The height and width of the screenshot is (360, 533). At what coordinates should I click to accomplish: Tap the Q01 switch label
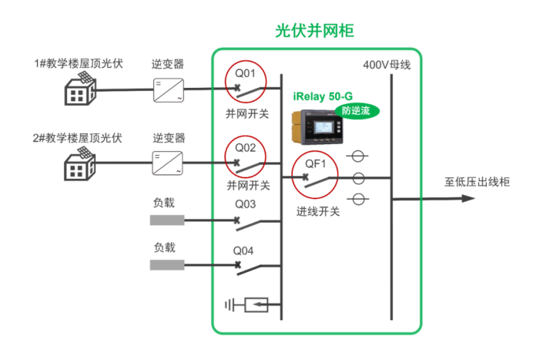245,74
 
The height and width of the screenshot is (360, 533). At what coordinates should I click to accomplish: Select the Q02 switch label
245,147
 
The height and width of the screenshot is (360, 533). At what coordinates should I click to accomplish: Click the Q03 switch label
245,204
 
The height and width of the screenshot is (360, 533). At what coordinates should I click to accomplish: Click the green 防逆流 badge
357,111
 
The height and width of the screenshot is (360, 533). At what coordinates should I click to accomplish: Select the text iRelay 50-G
323,96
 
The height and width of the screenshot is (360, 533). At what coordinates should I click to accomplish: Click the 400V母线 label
387,66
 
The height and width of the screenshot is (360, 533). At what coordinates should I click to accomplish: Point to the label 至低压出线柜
477,183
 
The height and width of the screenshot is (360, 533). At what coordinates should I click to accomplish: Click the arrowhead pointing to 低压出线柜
467,198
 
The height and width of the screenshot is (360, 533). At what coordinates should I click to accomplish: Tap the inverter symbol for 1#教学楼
169,90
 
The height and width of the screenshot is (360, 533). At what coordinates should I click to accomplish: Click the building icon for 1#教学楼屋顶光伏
79,91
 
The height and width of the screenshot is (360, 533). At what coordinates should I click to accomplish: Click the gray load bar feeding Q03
167,220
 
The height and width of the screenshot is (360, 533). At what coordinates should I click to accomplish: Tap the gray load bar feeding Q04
167,265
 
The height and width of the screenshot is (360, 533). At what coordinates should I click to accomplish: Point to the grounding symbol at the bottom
246,305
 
